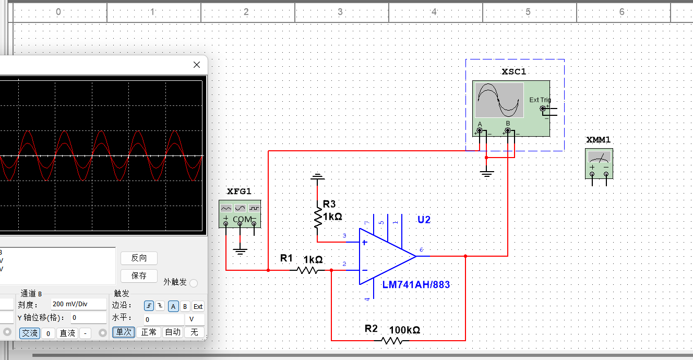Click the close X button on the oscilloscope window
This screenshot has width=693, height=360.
pyautogui.click(x=197, y=65)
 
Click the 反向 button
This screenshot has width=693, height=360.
pyautogui.click(x=139, y=258)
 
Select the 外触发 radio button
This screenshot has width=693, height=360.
pyautogui.click(x=194, y=283)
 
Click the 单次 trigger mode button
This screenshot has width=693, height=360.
pyautogui.click(x=124, y=332)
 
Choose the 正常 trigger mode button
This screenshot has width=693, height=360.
pyautogui.click(x=149, y=332)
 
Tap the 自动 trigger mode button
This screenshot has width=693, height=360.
pyautogui.click(x=173, y=332)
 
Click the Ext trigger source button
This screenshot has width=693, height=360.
pyautogui.click(x=198, y=306)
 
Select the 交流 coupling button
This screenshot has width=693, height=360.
pyautogui.click(x=29, y=333)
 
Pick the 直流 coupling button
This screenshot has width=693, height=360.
pyautogui.click(x=67, y=333)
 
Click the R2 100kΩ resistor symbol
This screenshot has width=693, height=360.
pyautogui.click(x=393, y=340)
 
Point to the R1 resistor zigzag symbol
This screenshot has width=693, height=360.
pyautogui.click(x=307, y=270)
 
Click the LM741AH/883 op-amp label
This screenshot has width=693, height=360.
pyautogui.click(x=416, y=284)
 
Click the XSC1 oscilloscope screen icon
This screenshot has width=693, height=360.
pyautogui.click(x=499, y=100)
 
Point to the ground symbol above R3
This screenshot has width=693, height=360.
pyautogui.click(x=317, y=177)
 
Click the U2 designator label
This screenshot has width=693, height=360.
pyautogui.click(x=424, y=220)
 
